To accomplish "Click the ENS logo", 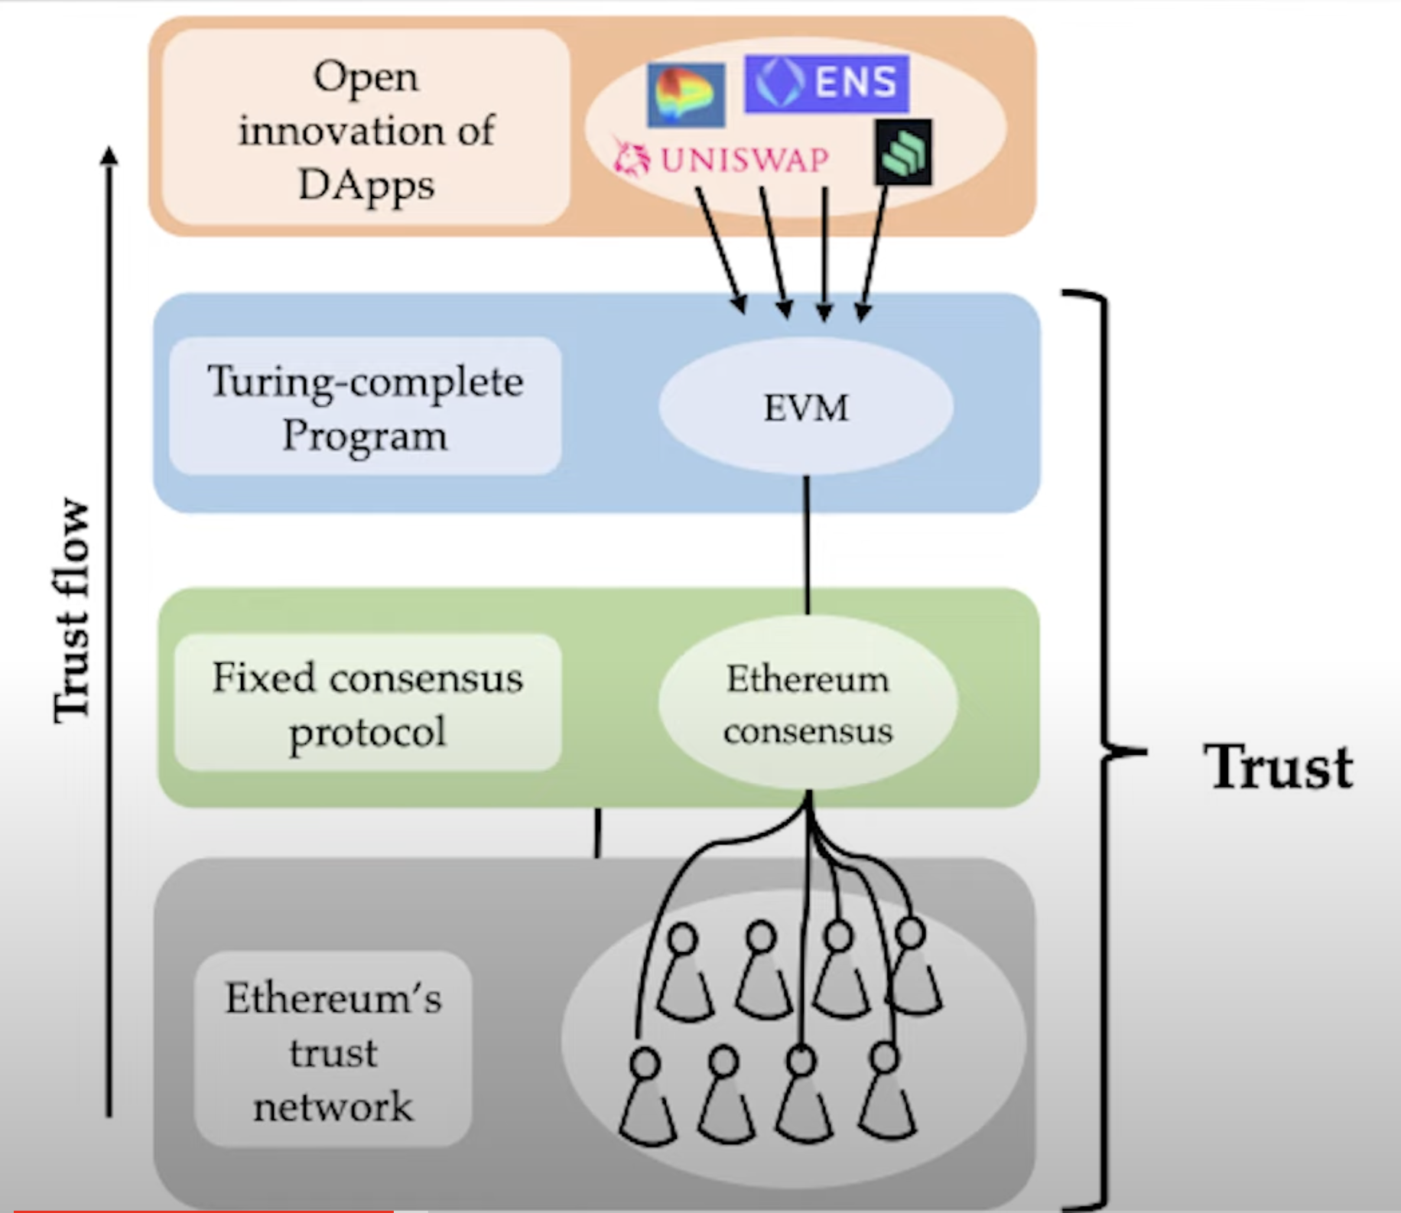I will click(827, 83).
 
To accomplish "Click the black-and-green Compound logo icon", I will click(903, 152).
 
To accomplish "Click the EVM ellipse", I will click(806, 407).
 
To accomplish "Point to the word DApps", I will click(366, 186).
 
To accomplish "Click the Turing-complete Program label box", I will click(366, 407).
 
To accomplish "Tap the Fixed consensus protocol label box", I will click(367, 703).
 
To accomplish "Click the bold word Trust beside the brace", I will click(1278, 767).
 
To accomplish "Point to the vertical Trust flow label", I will click(73, 610).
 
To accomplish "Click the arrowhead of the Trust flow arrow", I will click(110, 154).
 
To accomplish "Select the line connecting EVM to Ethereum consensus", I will click(807, 545).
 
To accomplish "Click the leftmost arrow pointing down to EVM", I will click(721, 249).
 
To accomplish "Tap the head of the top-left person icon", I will click(682, 938).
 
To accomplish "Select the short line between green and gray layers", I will click(597, 832).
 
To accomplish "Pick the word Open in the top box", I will click(366, 77).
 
